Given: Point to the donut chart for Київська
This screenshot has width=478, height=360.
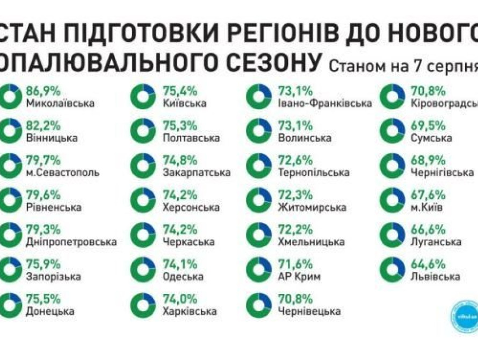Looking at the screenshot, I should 142,96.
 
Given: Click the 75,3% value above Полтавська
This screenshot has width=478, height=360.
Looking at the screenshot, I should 179,126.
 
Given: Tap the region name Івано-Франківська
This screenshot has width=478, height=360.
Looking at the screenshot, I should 325,103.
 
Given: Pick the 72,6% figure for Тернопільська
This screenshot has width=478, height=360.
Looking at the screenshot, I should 296,161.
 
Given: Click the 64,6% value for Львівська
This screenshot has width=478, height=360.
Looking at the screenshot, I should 428,264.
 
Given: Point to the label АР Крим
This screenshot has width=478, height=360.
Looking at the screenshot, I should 300,276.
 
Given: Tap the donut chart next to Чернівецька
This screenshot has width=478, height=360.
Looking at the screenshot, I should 259,304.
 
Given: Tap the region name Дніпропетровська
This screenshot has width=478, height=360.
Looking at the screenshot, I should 71,242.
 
